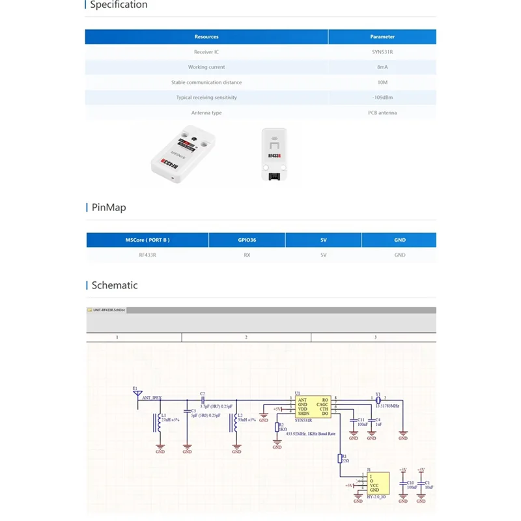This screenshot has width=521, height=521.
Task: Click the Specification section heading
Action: click(118, 5)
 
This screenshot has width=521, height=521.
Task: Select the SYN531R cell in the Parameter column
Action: click(382, 52)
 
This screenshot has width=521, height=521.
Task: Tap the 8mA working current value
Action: click(382, 67)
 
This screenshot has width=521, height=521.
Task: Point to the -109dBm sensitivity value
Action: click(382, 98)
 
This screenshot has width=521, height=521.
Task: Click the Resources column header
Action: click(206, 37)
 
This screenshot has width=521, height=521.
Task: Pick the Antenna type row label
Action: click(206, 113)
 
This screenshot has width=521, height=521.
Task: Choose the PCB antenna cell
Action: click(382, 113)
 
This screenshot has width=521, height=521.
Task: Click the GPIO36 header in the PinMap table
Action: click(247, 240)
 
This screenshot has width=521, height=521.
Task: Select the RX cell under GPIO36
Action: click(247, 255)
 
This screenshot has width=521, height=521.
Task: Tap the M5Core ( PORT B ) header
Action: click(147, 240)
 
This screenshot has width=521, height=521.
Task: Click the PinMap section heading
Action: click(108, 208)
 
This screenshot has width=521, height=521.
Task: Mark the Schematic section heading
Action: click(114, 285)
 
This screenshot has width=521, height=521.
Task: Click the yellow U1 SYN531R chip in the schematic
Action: click(313, 407)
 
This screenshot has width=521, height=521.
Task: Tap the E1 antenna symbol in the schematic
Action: click(137, 395)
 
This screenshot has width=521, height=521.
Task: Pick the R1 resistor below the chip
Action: click(339, 458)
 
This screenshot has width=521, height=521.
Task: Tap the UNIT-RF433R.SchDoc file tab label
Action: click(109, 311)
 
